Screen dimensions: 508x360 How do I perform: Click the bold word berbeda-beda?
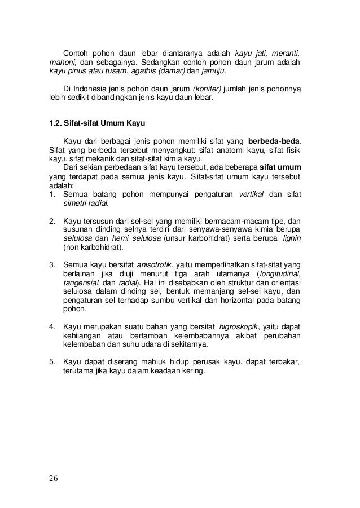274,140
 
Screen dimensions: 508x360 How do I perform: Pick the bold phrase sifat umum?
280,167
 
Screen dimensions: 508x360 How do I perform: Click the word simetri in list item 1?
76,204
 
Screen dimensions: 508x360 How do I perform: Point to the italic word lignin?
289,240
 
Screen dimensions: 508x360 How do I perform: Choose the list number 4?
52,326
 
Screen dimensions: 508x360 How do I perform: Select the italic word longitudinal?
280,272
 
